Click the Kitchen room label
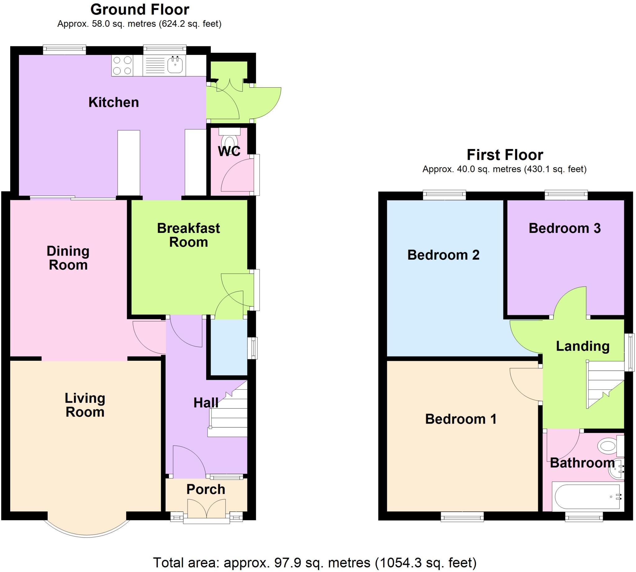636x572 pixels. pyautogui.click(x=113, y=102)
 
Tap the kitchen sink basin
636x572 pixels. pyautogui.click(x=175, y=65)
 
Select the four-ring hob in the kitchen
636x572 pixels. pyautogui.click(x=122, y=66)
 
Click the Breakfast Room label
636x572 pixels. pyautogui.click(x=189, y=235)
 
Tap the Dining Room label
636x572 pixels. pyautogui.click(x=68, y=258)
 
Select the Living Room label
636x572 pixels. pyautogui.click(x=85, y=405)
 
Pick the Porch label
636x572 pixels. pyautogui.click(x=206, y=489)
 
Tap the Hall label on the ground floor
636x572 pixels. pyautogui.click(x=206, y=403)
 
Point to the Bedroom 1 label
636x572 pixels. pyautogui.click(x=461, y=419)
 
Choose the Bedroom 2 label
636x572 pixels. pyautogui.click(x=443, y=255)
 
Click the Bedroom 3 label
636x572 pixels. pyautogui.click(x=564, y=228)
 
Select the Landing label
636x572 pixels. pyautogui.click(x=583, y=346)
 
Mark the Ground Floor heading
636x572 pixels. pyautogui.click(x=140, y=9)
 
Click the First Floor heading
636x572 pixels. pyautogui.click(x=505, y=155)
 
